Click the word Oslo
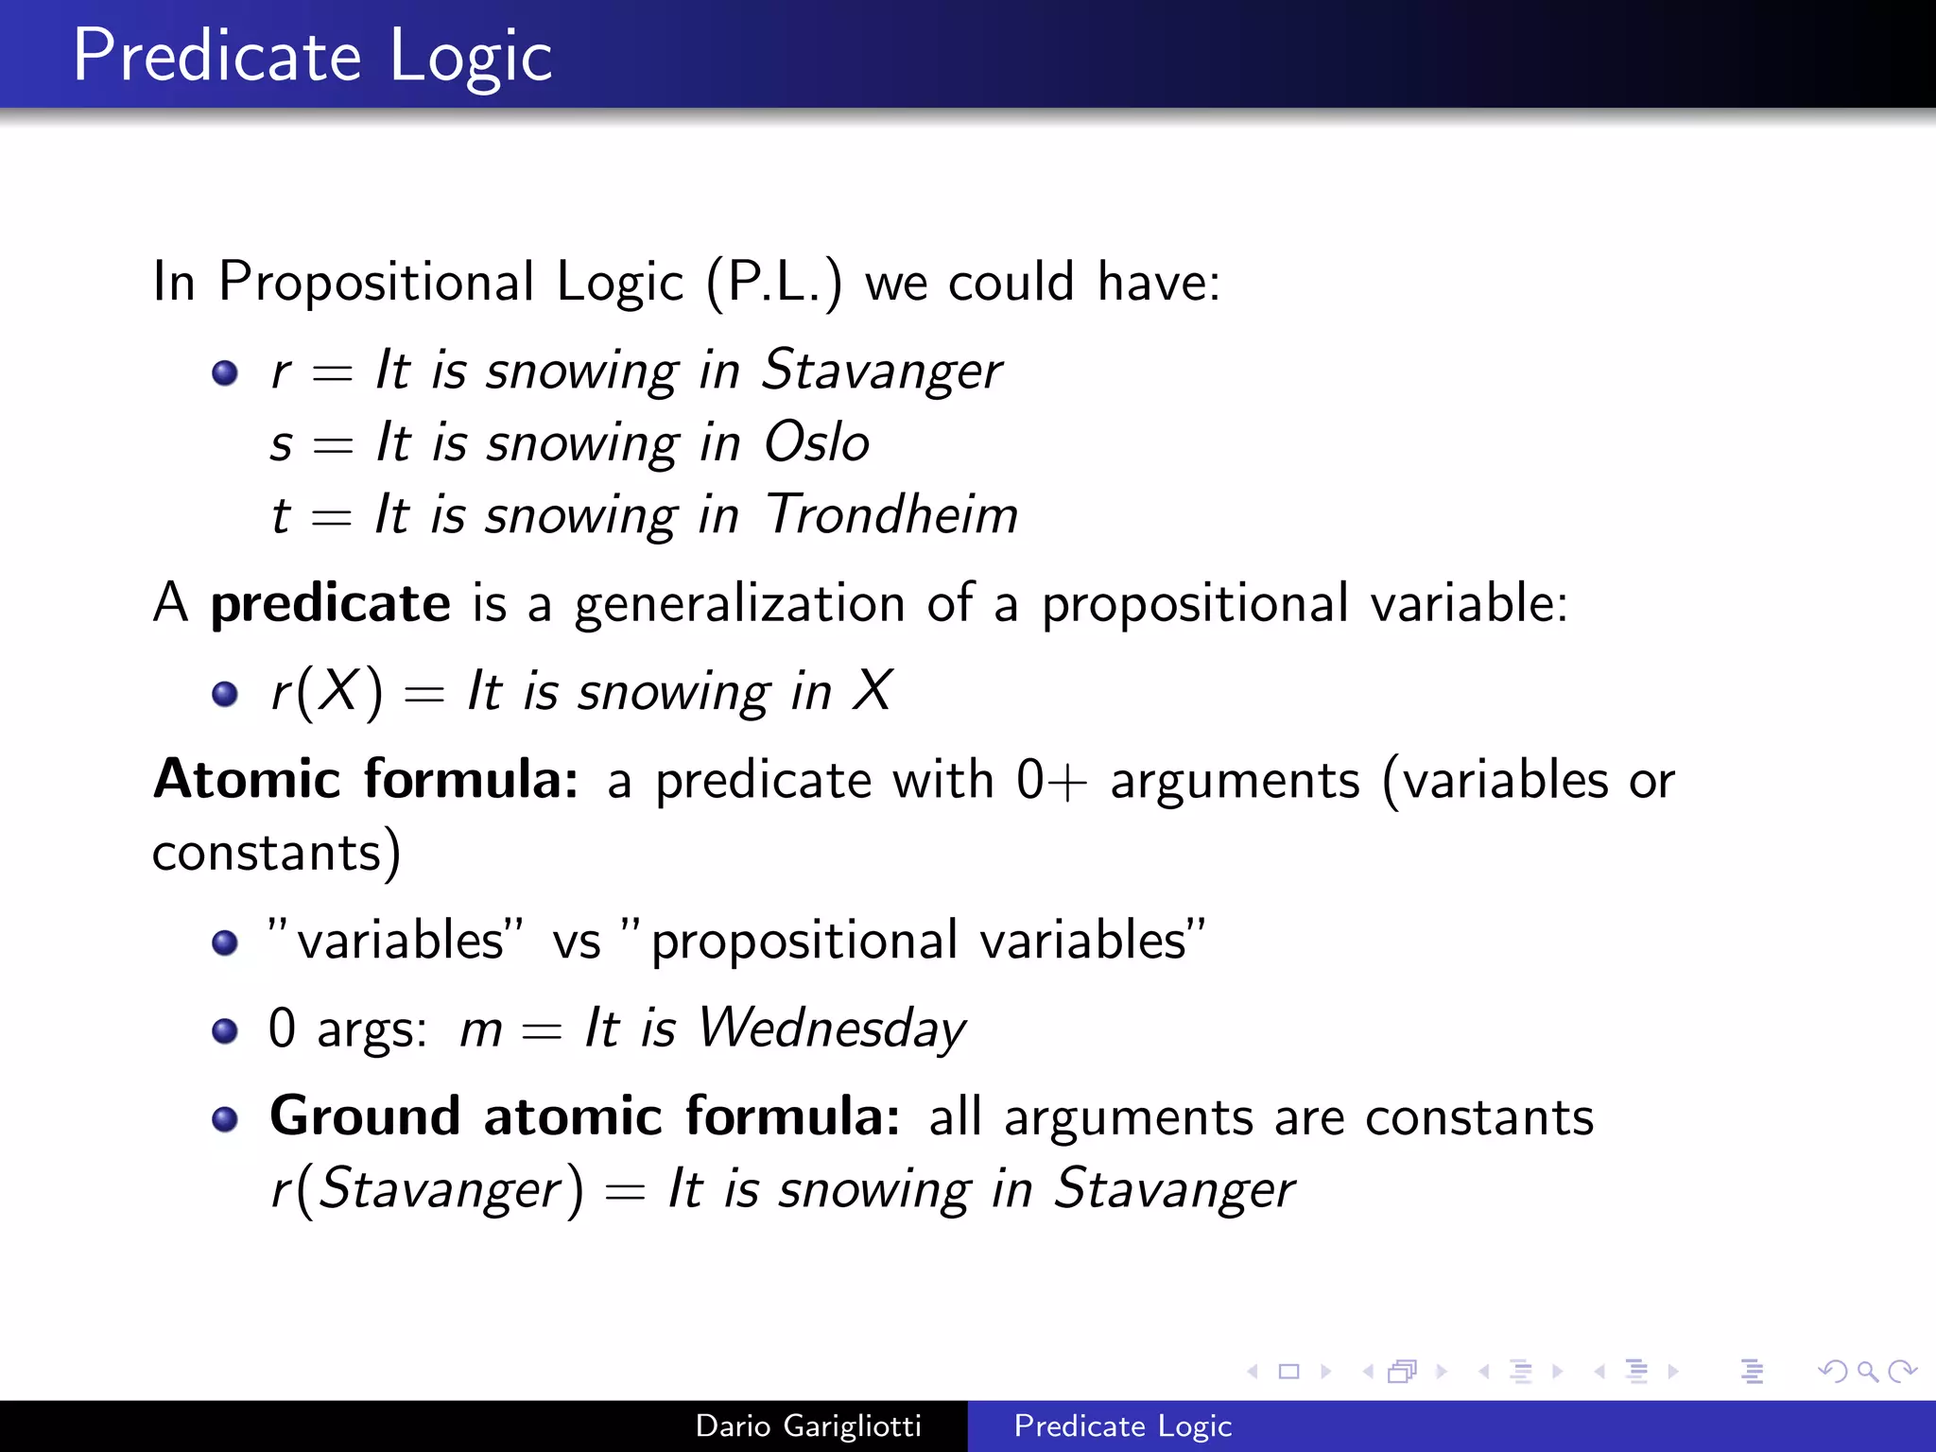point(817,442)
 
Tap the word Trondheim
point(891,515)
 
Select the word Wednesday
point(832,1028)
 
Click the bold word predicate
point(330,604)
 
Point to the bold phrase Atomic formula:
point(366,780)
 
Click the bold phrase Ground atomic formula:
point(584,1116)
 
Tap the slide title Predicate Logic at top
point(312,57)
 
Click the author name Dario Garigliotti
point(808,1426)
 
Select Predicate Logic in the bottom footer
point(1122,1426)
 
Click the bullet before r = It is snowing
point(225,372)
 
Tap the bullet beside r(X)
point(225,695)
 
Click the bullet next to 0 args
point(225,1030)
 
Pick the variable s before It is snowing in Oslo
point(281,444)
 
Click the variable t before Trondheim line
point(280,516)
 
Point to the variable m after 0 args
point(480,1030)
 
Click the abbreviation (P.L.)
point(774,283)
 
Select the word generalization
point(739,604)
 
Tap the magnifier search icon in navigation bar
point(1868,1371)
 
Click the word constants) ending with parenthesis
point(276,853)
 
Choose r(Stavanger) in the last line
point(427,1189)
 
